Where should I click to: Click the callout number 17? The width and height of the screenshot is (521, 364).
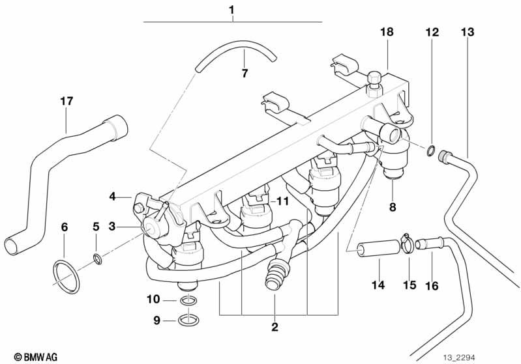[67, 101]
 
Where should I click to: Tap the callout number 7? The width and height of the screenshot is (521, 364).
[245, 74]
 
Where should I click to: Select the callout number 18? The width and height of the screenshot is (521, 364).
[387, 32]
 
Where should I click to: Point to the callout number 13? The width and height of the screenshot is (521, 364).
[468, 32]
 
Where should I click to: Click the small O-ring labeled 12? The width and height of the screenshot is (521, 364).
[430, 150]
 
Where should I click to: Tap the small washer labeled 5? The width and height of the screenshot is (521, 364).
[98, 259]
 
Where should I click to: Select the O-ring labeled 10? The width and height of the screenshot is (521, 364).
[188, 301]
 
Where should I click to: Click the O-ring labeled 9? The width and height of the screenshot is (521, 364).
[188, 320]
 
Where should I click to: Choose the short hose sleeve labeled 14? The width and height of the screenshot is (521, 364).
[378, 249]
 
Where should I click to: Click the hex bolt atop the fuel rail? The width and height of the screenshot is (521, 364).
[375, 84]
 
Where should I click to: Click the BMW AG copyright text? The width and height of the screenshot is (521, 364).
[36, 357]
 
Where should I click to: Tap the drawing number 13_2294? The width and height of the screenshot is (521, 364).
[459, 357]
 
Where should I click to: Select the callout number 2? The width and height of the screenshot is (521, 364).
[275, 327]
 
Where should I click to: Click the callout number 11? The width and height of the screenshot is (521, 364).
[283, 201]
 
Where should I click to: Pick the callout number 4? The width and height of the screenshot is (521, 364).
[113, 197]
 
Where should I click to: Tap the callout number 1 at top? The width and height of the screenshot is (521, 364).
[231, 10]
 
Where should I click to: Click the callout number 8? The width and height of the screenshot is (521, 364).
[393, 207]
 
